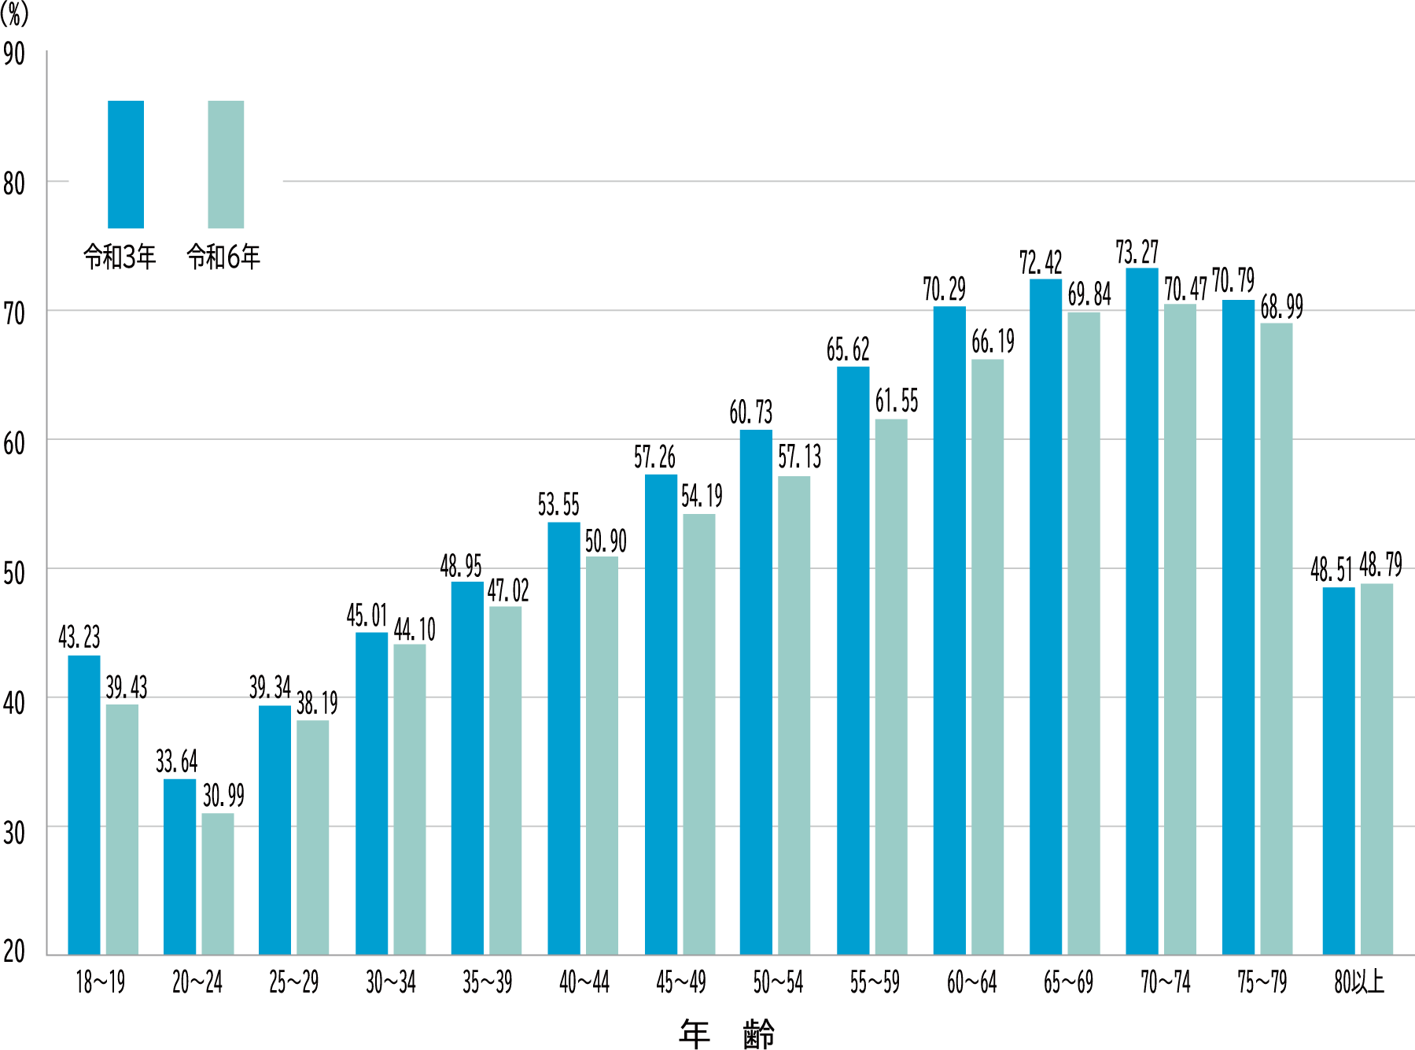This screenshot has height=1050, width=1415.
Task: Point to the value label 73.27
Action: tap(1137, 253)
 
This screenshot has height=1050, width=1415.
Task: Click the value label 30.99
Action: tap(223, 796)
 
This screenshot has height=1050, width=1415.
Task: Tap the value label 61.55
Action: tap(897, 401)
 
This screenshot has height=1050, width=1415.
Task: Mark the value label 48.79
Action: tap(1380, 565)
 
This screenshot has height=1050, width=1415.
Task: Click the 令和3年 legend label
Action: tap(120, 257)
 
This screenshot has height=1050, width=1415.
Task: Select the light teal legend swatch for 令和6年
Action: tap(226, 164)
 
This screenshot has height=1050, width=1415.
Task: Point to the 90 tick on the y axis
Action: tap(14, 54)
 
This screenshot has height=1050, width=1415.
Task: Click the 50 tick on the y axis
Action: tap(14, 573)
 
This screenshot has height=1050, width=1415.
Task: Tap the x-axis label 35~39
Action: tap(487, 982)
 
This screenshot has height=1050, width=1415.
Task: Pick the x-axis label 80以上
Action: tap(1358, 982)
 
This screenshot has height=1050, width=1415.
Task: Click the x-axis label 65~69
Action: tap(1068, 982)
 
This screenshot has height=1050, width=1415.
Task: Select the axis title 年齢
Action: tap(727, 1033)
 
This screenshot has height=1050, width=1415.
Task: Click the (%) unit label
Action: tap(14, 13)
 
